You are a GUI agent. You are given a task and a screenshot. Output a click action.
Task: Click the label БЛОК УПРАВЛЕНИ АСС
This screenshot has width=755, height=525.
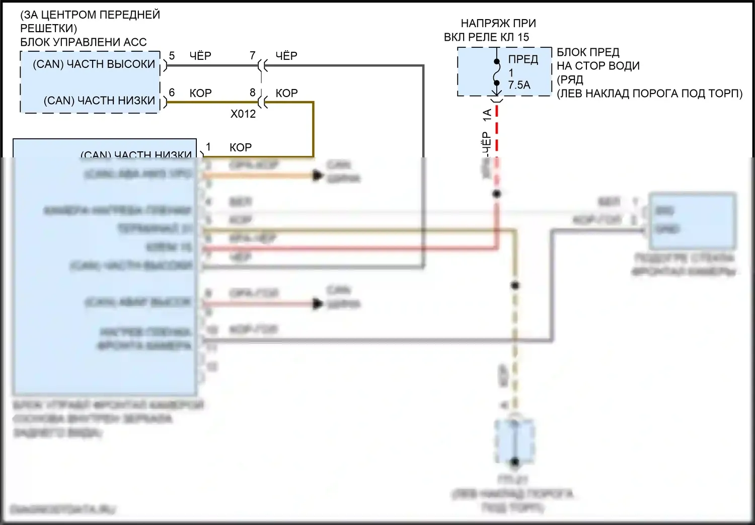[x=83, y=42]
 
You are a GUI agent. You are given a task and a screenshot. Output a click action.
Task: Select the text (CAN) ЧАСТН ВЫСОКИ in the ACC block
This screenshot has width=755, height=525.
[x=94, y=64]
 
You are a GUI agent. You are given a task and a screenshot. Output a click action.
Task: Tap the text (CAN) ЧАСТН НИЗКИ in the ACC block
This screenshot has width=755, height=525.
[x=99, y=101]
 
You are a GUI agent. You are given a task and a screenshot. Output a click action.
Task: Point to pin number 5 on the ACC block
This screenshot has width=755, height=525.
[x=172, y=56]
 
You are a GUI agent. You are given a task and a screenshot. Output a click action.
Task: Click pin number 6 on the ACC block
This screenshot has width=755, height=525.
[x=172, y=93]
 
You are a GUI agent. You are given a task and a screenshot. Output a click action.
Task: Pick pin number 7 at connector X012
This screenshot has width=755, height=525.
[x=253, y=55]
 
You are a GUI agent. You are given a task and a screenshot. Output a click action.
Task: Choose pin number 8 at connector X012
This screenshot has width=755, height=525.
[x=253, y=93]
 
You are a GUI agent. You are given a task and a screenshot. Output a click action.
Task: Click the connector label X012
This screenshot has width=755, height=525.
[x=243, y=114]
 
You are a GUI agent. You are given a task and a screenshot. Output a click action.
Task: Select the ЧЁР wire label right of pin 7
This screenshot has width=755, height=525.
[x=286, y=56]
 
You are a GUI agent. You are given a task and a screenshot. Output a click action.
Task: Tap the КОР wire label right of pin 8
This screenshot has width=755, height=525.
[x=286, y=93]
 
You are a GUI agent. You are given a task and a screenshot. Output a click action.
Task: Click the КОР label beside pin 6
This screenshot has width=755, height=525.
[x=200, y=93]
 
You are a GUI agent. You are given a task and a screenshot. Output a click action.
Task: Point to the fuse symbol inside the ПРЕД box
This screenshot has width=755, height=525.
[x=497, y=72]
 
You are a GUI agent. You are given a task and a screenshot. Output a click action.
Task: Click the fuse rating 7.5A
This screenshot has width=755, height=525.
[x=519, y=85]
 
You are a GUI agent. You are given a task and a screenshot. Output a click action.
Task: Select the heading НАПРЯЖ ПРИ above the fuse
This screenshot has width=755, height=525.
[x=498, y=23]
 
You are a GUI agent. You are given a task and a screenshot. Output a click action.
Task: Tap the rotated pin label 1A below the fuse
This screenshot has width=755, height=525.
[x=487, y=115]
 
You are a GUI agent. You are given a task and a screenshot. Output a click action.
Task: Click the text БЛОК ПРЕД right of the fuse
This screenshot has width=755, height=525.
[x=588, y=52]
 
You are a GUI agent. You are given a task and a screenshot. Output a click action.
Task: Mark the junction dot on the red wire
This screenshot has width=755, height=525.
[x=497, y=194]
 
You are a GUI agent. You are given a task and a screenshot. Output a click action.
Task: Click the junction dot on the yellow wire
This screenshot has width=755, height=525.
[x=515, y=286]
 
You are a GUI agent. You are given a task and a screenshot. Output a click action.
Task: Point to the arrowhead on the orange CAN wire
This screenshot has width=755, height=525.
[x=318, y=176]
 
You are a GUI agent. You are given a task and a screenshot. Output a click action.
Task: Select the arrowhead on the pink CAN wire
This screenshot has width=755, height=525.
[x=318, y=304]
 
